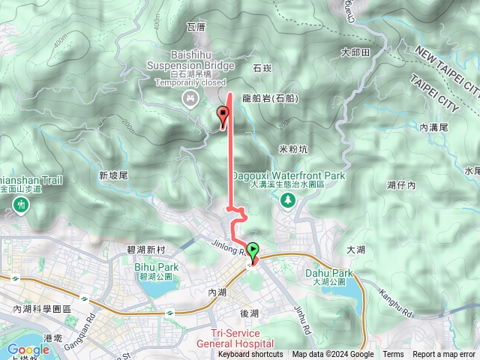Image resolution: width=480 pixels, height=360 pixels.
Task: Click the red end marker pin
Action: point(223,115)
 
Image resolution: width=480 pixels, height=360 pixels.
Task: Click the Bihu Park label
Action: point(156,266)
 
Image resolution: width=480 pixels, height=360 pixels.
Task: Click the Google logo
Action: point(28,349)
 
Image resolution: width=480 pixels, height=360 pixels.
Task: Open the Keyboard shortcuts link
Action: point(250,355)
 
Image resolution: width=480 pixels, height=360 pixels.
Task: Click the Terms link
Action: point(393,355)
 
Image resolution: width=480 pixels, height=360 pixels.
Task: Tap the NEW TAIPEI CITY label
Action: point(445,67)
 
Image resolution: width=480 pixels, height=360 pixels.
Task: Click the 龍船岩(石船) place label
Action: point(271,98)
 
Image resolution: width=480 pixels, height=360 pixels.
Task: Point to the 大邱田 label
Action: point(355,53)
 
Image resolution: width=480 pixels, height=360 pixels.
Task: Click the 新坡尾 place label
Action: point(114,175)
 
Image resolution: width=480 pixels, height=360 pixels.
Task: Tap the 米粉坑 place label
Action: point(292,148)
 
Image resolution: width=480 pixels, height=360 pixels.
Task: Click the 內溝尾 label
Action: point(433,128)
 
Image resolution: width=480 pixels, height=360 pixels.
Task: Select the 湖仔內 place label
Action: point(401,184)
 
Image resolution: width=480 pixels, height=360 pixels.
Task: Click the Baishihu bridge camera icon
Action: point(190,97)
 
